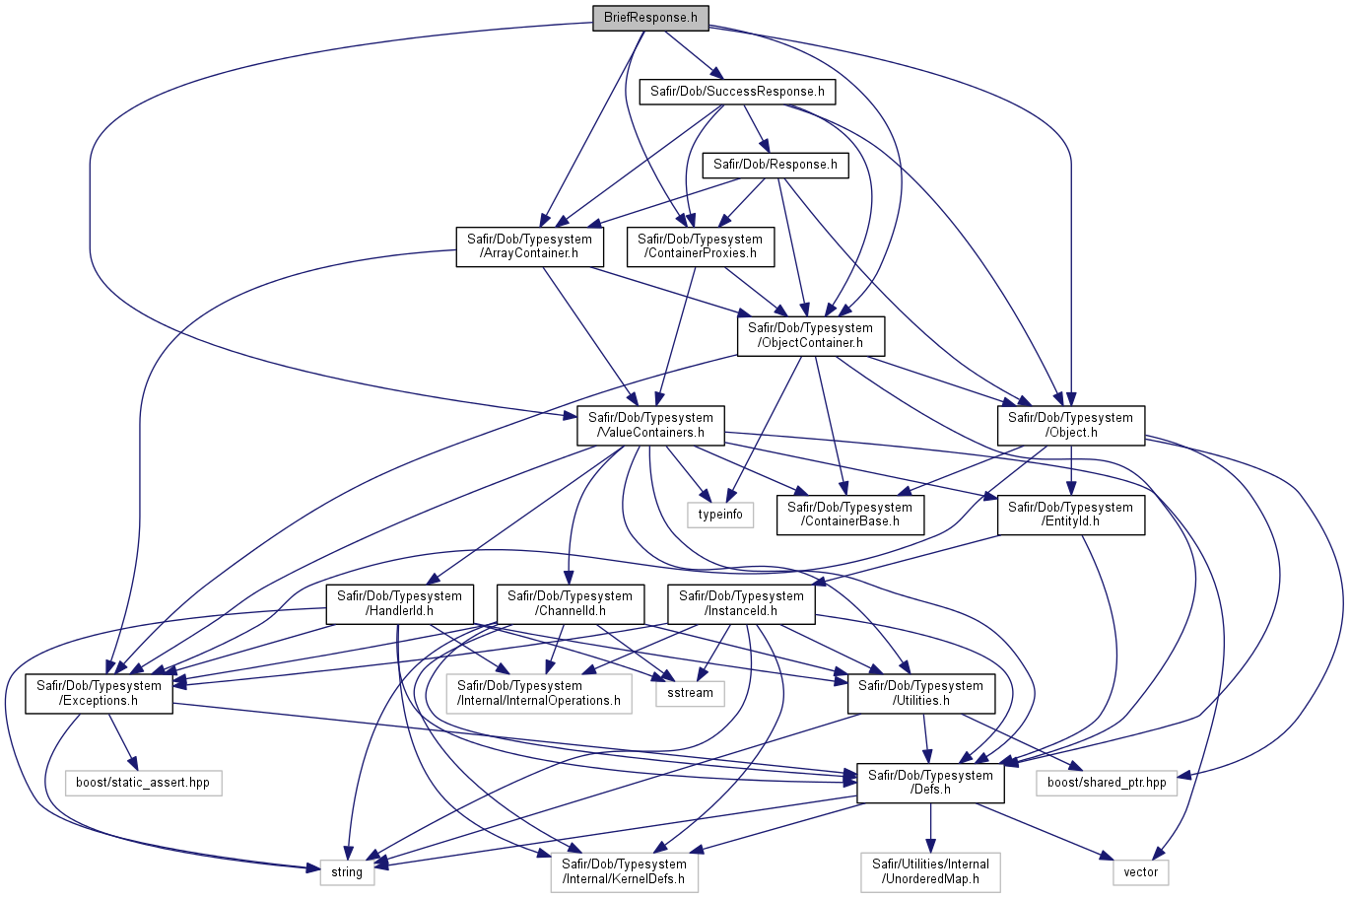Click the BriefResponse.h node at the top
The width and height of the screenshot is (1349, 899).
[650, 18]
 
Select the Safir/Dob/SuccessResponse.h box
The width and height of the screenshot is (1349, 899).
[737, 92]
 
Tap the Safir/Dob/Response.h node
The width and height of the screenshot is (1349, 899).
[776, 165]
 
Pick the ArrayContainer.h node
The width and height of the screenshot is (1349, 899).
[529, 246]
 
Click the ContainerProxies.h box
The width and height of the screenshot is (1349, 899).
[700, 246]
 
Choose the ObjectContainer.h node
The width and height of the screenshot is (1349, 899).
[811, 335]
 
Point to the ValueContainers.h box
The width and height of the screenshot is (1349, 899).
[650, 426]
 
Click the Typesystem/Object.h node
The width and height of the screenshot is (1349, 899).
[1070, 426]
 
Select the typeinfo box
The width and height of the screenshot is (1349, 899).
[720, 515]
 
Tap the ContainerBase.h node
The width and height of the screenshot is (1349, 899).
[849, 515]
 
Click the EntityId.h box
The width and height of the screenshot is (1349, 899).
[1070, 515]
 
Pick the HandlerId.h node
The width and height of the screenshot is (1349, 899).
[399, 603]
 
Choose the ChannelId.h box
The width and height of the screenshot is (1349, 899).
[570, 603]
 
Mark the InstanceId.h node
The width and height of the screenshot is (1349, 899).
[741, 603]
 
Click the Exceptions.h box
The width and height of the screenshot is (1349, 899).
[99, 694]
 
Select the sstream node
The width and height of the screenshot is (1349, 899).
[690, 693]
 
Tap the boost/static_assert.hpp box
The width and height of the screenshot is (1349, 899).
[143, 783]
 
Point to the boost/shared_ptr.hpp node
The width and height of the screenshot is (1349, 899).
[1107, 783]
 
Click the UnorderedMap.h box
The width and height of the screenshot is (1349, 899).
[930, 871]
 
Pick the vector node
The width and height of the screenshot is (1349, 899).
[1141, 872]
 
